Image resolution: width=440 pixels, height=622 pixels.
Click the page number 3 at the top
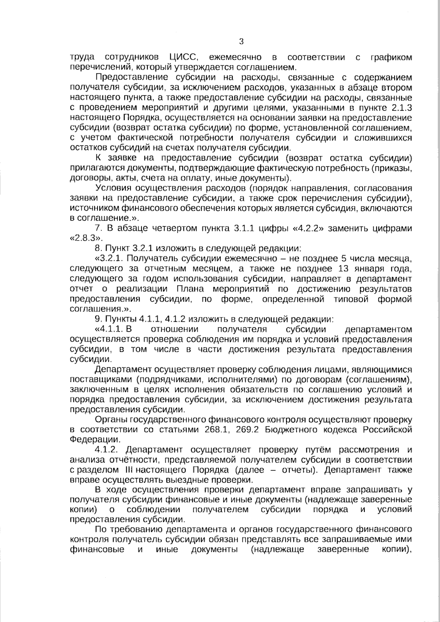(x=241, y=41)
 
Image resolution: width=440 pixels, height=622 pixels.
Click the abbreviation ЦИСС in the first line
(x=184, y=58)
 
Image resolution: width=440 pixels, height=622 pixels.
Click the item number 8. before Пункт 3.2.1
(x=98, y=249)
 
